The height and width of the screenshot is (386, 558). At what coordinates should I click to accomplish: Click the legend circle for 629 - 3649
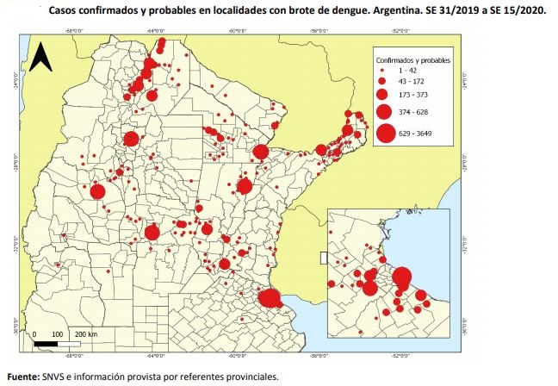click(385, 133)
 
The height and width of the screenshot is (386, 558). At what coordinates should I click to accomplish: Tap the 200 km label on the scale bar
click(84, 333)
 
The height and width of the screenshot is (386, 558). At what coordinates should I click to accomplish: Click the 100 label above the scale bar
click(57, 333)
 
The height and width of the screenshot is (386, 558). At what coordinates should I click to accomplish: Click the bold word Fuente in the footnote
click(23, 377)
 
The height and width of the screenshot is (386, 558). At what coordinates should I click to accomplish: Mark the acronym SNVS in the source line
click(56, 377)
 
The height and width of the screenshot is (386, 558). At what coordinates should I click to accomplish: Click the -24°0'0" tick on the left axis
click(19, 84)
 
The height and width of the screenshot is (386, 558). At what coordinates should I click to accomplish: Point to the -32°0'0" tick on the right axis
click(466, 243)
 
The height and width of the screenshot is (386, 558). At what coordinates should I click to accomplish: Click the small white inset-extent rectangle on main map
click(320, 257)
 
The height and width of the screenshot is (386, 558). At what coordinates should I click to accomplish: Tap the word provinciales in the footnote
click(253, 377)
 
